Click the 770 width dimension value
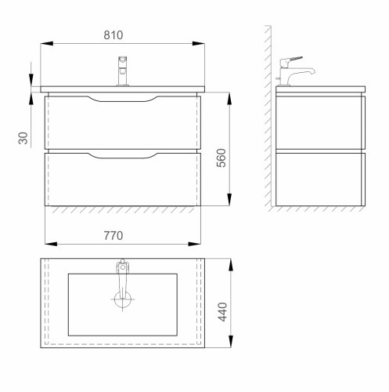click(x=116, y=234)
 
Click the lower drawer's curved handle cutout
click(x=121, y=156)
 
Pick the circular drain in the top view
click(x=121, y=299)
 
